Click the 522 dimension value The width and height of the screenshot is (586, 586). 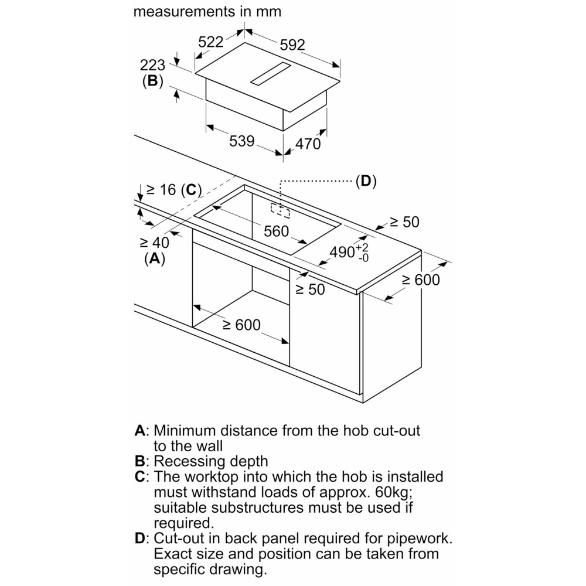pos(210,42)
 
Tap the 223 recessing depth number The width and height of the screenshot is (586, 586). pos(152,66)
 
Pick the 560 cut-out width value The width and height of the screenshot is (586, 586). pos(276,231)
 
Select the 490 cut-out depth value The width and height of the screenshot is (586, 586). pos(342,252)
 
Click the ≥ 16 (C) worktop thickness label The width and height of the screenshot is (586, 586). pos(173,189)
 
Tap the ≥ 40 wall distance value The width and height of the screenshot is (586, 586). pos(154,242)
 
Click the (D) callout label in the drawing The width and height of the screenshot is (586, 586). pos(366,181)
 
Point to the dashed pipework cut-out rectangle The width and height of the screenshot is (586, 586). pos(280,210)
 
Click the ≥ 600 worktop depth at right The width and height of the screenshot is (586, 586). pos(420,280)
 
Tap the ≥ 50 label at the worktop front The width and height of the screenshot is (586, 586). pos(309,289)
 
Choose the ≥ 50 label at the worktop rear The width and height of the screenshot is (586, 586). pos(405,222)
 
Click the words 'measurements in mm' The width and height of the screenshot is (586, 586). pos(207,11)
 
